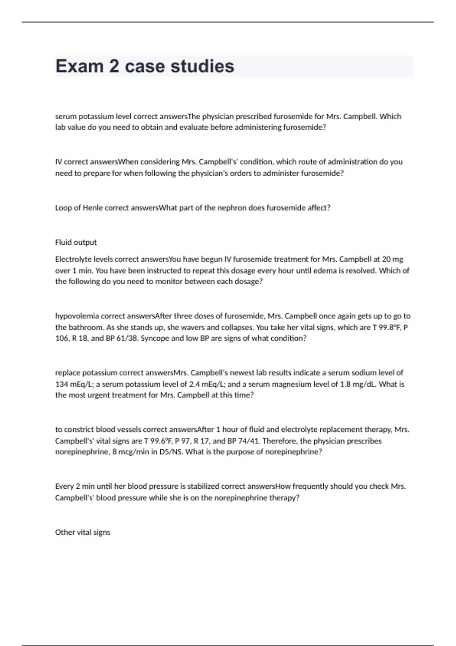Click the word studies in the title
pos(202,66)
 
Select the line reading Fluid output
pos(76,242)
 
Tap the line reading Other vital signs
pos(82,532)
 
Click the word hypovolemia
pos(76,316)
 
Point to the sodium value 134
pos(62,384)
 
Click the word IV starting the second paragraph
pos(59,162)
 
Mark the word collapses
pos(239,327)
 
